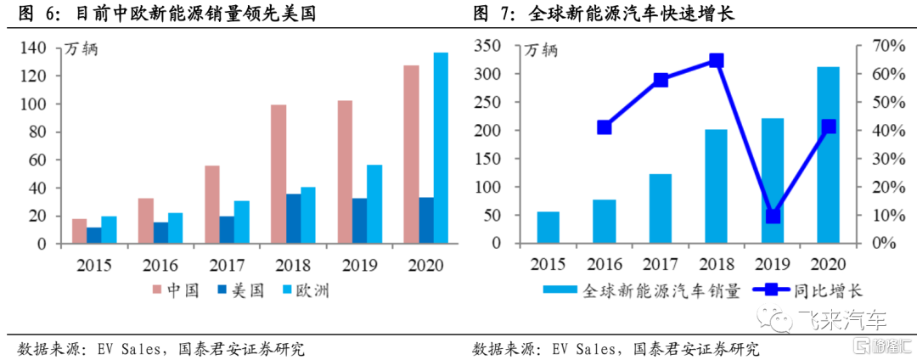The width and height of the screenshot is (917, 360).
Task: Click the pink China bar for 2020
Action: point(411,155)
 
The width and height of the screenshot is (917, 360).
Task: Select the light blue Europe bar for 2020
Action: point(441,149)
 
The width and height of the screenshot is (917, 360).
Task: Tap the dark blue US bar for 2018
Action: point(293,219)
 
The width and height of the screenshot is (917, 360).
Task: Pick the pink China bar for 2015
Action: point(79,231)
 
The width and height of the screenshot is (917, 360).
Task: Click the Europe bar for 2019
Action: point(374,205)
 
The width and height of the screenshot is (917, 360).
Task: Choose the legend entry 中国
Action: point(177,291)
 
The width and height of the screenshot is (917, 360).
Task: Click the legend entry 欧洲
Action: point(307,291)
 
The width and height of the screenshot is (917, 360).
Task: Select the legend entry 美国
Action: point(242,291)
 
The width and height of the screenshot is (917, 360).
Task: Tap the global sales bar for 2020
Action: point(828,155)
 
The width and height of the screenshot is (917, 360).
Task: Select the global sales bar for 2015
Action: point(549,228)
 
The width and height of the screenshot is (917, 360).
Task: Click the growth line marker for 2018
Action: point(717,60)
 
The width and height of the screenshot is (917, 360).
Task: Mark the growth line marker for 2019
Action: point(773,216)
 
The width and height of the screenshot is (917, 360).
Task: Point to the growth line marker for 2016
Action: point(605,127)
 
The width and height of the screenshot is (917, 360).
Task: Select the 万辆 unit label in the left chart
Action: point(82,49)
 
